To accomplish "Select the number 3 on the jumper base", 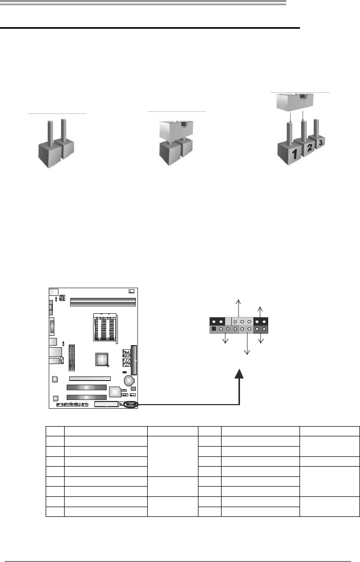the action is pyautogui.click(x=320, y=143).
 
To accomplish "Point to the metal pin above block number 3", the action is pyautogui.click(x=316, y=128).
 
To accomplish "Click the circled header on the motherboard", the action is pyautogui.click(x=131, y=405).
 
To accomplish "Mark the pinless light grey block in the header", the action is pyautogui.click(x=228, y=321).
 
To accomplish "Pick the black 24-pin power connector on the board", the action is pyautogui.click(x=72, y=357).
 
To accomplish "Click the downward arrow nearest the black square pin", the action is pyautogui.click(x=225, y=340).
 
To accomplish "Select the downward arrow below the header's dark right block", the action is pyautogui.click(x=261, y=339).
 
